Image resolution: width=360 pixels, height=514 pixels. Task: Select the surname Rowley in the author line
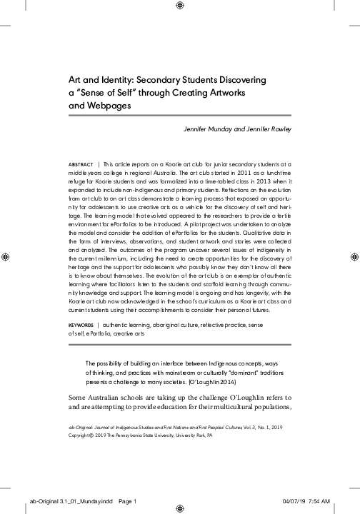tap(278, 131)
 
